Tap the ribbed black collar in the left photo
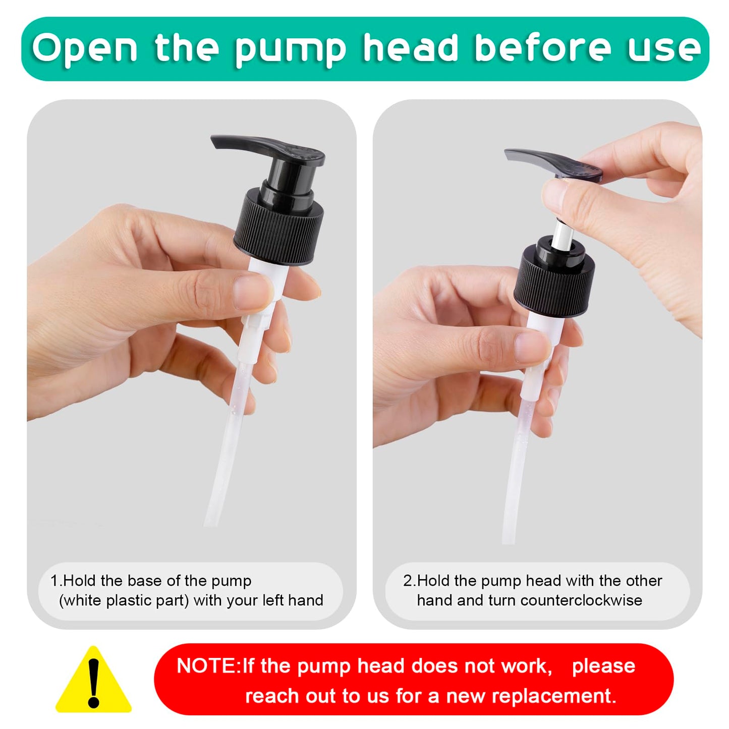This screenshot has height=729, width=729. pyautogui.click(x=279, y=227)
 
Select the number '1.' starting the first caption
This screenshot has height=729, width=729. pyautogui.click(x=57, y=580)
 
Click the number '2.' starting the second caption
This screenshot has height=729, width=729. pyautogui.click(x=409, y=580)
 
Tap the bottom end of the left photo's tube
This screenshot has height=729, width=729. pyautogui.click(x=211, y=524)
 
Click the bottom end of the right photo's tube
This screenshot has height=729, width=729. pyautogui.click(x=508, y=542)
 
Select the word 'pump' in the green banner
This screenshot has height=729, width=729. pyautogui.click(x=290, y=51)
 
